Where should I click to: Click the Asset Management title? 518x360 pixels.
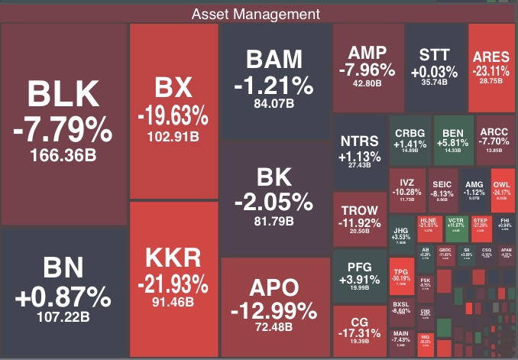coord(256,14)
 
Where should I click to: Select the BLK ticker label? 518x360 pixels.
coord(63,95)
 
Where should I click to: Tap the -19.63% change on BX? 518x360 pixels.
coord(173,117)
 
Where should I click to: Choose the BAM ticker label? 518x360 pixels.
coord(274,60)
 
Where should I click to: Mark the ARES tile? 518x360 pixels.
coord(491,66)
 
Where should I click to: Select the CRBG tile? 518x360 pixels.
coord(410,138)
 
